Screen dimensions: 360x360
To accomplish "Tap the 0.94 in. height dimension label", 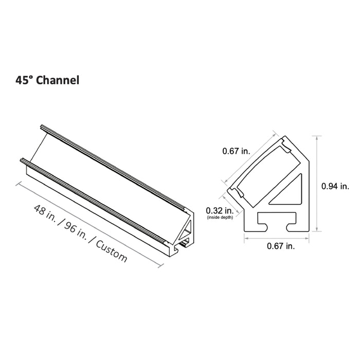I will tap(335, 186).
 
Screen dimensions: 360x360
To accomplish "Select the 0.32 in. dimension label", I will tap(220, 210).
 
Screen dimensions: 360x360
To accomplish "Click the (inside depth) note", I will tap(220, 218).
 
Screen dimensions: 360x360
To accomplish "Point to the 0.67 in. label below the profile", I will tap(281, 247).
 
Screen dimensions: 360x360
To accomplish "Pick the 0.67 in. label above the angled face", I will tap(236, 151).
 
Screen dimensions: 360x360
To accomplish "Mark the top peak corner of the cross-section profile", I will tap(284, 136).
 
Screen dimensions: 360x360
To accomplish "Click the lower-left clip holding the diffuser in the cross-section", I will tap(237, 191).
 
